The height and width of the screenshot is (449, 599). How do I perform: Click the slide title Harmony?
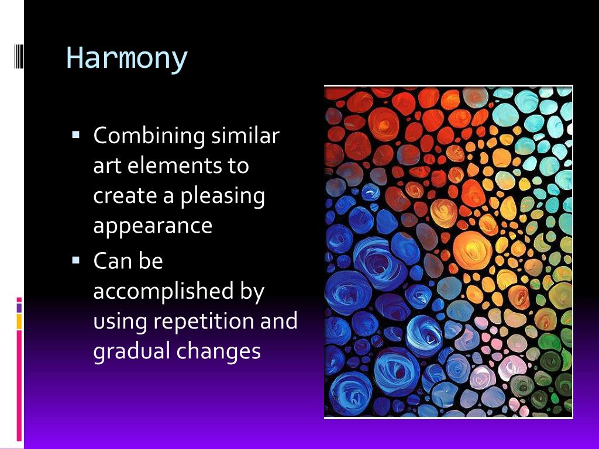coord(127,58)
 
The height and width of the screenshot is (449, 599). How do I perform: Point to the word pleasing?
coord(222,196)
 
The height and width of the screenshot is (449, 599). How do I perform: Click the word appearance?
coord(153,226)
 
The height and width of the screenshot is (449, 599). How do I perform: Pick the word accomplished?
coord(164,292)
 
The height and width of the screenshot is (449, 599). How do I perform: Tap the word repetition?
coord(204,321)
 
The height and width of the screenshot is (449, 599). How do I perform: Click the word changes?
coord(219,351)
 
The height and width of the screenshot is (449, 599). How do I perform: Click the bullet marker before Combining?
coord(75,134)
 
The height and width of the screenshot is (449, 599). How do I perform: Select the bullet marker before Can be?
coord(75,260)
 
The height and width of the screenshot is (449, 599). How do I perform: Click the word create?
coord(125,196)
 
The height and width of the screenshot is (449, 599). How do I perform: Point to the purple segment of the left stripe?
coord(19,308)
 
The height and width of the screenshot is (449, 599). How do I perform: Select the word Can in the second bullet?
coord(112,261)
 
